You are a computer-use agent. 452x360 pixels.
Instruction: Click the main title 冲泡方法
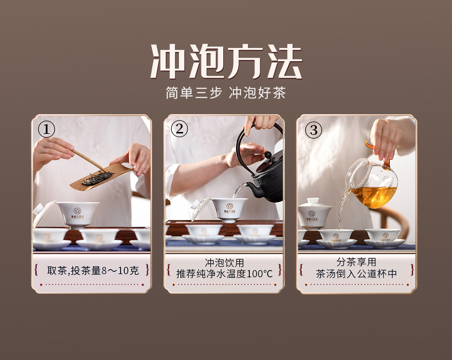(226, 61)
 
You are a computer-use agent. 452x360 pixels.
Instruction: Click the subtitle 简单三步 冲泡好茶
(226, 93)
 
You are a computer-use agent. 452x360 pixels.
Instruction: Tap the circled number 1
(47, 129)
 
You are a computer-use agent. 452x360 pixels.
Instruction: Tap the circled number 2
(179, 129)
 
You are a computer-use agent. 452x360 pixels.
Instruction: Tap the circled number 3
(314, 130)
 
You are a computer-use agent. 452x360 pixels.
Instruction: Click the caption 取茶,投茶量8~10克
(93, 270)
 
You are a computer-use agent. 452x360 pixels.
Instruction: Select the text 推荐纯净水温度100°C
(224, 274)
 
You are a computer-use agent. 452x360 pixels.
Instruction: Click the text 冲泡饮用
(224, 263)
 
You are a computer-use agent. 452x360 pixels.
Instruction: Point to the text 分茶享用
(356, 262)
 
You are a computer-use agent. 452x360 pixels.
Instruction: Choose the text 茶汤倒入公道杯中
(356, 274)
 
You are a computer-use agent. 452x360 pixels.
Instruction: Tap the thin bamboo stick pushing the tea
(88, 160)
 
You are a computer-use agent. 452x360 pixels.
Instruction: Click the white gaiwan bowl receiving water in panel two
(230, 210)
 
